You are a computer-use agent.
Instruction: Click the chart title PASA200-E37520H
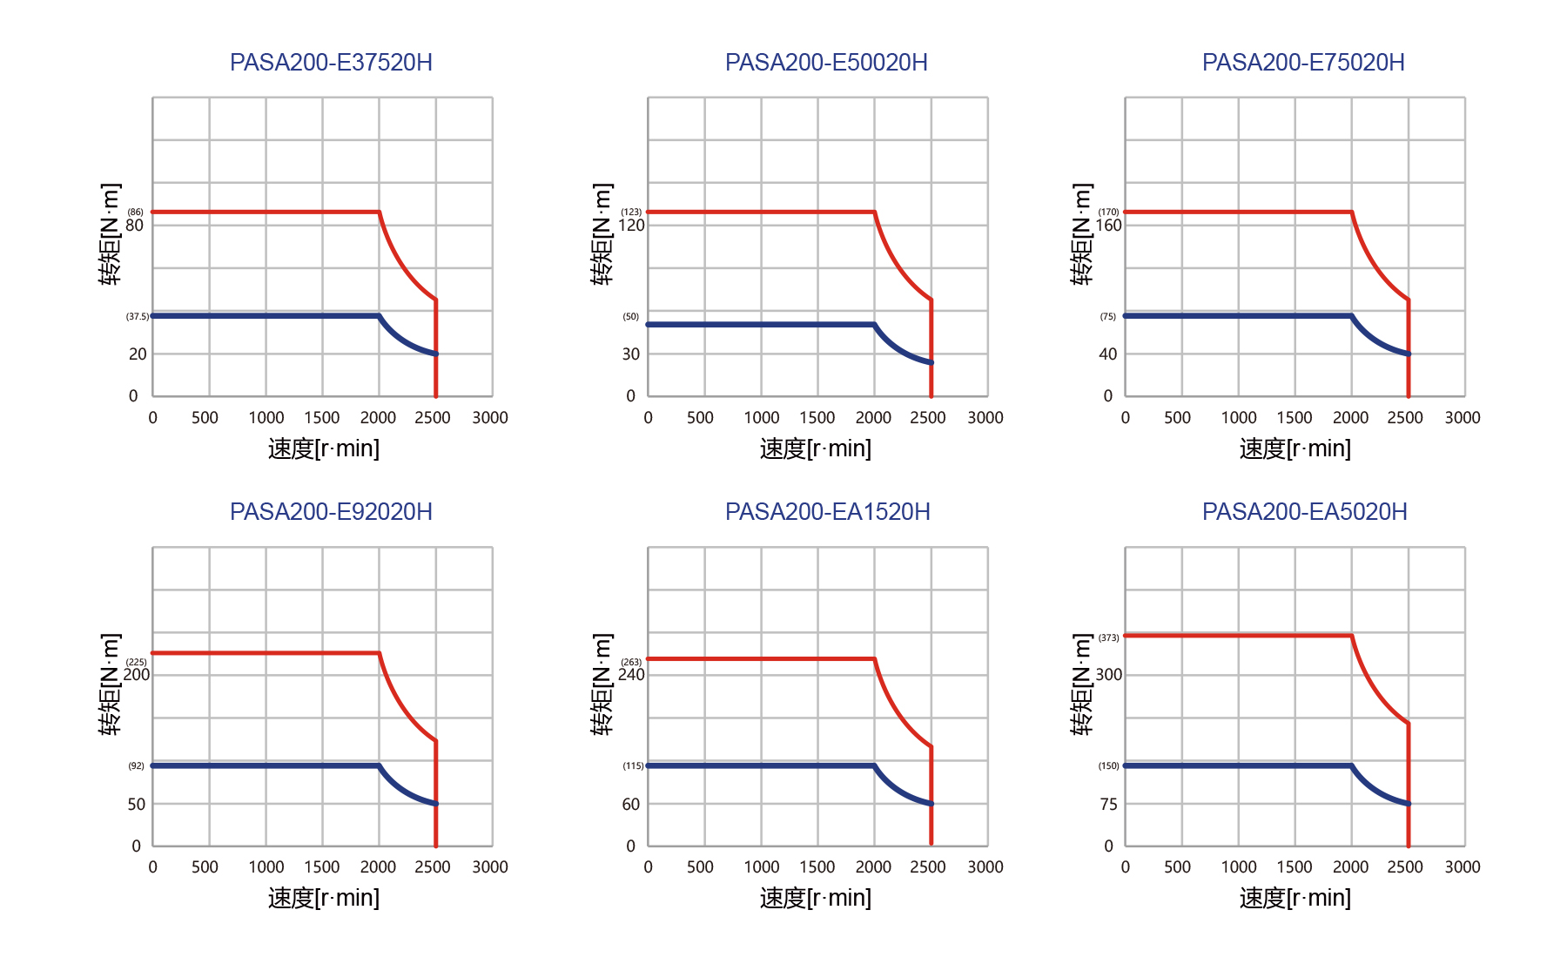[x=331, y=63]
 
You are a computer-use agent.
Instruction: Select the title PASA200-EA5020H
[x=1304, y=512]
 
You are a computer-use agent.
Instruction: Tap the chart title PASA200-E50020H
[x=826, y=63]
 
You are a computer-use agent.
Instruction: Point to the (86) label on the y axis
[x=136, y=212]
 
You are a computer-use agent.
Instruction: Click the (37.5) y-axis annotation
[x=138, y=317]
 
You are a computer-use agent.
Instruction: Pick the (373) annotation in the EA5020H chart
[x=1108, y=638]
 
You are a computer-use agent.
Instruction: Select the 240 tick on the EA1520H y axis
[x=632, y=675]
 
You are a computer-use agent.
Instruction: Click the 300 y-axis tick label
[x=1108, y=675]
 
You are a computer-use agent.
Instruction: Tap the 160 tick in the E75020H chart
[x=1108, y=226]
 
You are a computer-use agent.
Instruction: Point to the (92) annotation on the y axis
[x=137, y=766]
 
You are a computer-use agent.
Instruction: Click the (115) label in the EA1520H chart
[x=633, y=766]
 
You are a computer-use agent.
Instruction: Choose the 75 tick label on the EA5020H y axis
[x=1108, y=805]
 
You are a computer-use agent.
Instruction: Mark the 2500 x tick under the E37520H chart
[x=433, y=418]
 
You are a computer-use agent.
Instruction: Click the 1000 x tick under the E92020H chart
[x=266, y=867]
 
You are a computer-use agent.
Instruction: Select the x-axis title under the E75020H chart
[x=1295, y=449]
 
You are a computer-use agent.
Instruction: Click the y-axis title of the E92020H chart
[x=111, y=684]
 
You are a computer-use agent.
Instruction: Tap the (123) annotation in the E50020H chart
[x=631, y=212]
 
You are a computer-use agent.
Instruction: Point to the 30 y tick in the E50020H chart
[x=631, y=354]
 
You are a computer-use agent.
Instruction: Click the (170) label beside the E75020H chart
[x=1108, y=212]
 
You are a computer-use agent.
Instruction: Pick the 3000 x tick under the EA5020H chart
[x=1463, y=867]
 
